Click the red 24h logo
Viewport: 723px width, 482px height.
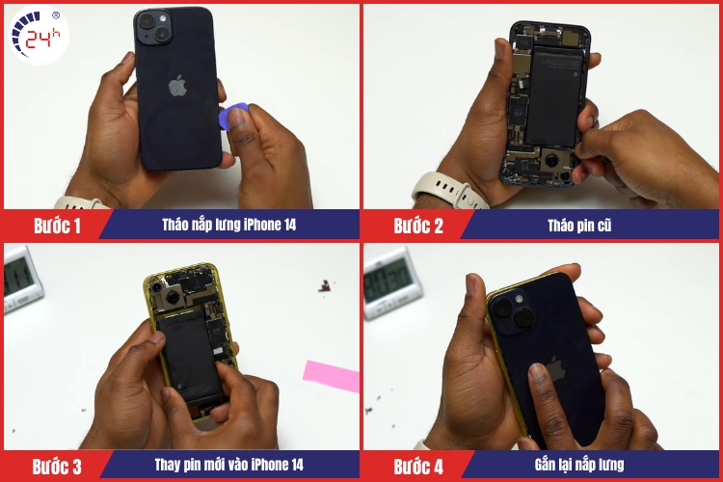click(x=39, y=35)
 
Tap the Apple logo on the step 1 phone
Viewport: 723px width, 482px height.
click(x=177, y=86)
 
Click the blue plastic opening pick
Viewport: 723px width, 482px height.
click(x=233, y=117)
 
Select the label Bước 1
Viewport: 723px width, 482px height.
click(x=57, y=226)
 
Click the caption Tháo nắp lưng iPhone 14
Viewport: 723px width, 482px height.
click(x=228, y=225)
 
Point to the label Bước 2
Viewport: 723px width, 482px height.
click(x=418, y=226)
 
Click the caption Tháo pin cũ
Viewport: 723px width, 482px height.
click(x=579, y=226)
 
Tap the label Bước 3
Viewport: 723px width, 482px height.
click(x=57, y=467)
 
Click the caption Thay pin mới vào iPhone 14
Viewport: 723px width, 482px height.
click(x=228, y=465)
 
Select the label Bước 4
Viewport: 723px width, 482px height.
click(x=418, y=467)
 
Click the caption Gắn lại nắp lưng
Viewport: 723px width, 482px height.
click(x=579, y=465)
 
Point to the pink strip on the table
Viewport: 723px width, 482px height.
click(x=331, y=375)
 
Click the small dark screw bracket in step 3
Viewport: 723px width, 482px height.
click(x=325, y=286)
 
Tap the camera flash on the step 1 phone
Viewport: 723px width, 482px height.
click(x=163, y=18)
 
